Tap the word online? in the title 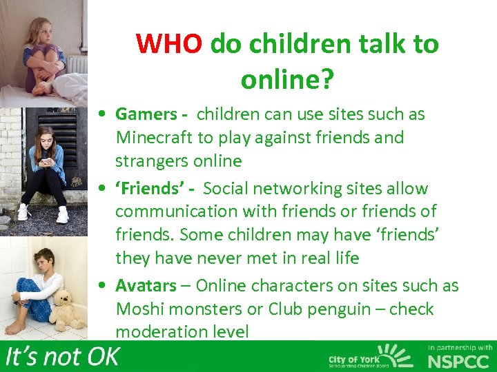pos(287,80)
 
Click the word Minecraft pos(155,138)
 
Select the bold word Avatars pos(145,285)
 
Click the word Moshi pos(137,309)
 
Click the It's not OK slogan pos(63,357)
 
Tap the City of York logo pos(369,358)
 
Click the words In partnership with pos(460,348)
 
